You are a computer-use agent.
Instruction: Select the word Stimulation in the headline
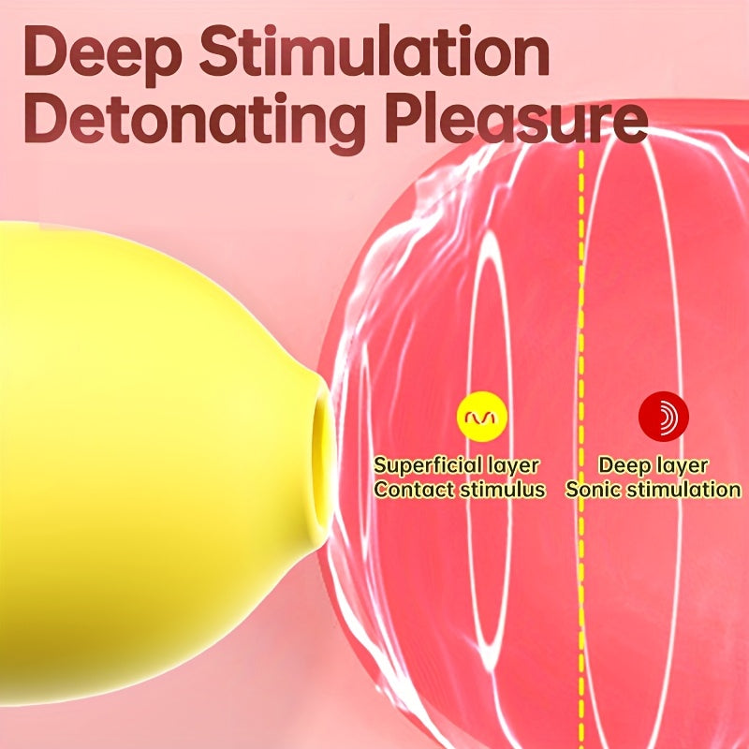click(x=375, y=51)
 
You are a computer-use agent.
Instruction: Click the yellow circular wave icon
click(x=481, y=416)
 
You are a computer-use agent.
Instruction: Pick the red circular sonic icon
click(x=664, y=417)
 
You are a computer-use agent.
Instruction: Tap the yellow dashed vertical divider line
click(x=581, y=449)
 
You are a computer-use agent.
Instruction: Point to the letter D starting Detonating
click(x=44, y=118)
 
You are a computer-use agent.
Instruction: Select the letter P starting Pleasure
click(x=404, y=118)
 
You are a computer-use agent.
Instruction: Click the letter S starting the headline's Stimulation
click(x=218, y=51)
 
